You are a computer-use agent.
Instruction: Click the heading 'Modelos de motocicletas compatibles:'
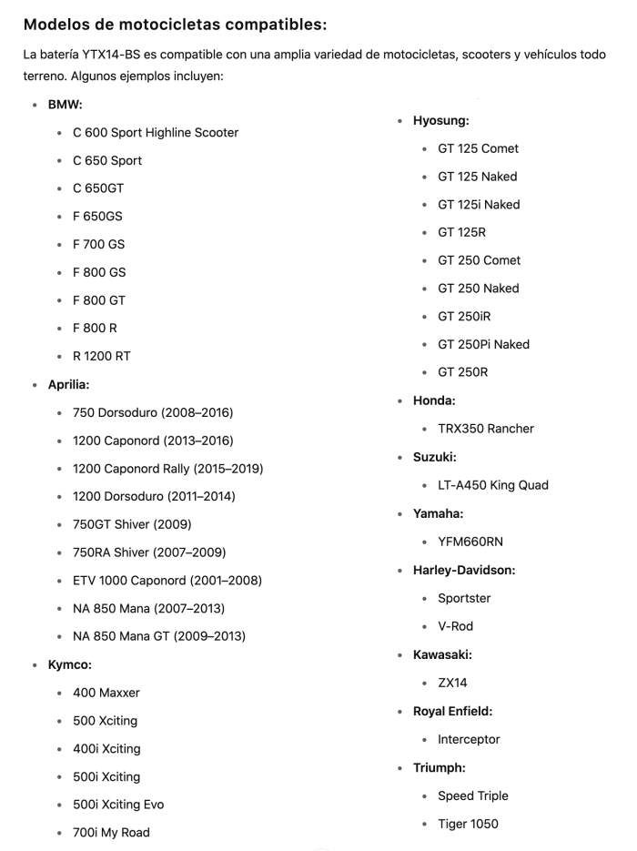coord(175,25)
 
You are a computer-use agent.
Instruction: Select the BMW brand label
coord(65,105)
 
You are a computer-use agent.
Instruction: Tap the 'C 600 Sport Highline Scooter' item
coord(156,133)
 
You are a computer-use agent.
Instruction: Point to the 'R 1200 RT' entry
coord(102,357)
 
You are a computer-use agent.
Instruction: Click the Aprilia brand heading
coord(68,385)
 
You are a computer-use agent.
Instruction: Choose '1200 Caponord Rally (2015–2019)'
coord(167,469)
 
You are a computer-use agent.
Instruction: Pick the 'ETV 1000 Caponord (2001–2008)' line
coord(167,581)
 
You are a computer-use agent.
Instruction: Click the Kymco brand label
coord(69,664)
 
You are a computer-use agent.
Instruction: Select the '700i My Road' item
coord(111,833)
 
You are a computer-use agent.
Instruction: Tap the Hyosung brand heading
coord(440,120)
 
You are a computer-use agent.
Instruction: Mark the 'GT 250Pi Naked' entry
coord(483,345)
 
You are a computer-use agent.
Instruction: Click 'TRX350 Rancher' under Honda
coord(486,429)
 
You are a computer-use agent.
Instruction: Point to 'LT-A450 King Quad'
coord(493,485)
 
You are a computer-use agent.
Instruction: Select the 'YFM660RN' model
coord(470,542)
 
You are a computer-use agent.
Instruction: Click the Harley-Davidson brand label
coord(464,570)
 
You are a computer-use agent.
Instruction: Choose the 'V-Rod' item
coord(455,626)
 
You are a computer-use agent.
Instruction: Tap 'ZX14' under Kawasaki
coord(452,683)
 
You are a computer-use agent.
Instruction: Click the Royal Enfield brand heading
coord(452,711)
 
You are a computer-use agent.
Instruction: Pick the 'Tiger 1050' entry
coord(468,825)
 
